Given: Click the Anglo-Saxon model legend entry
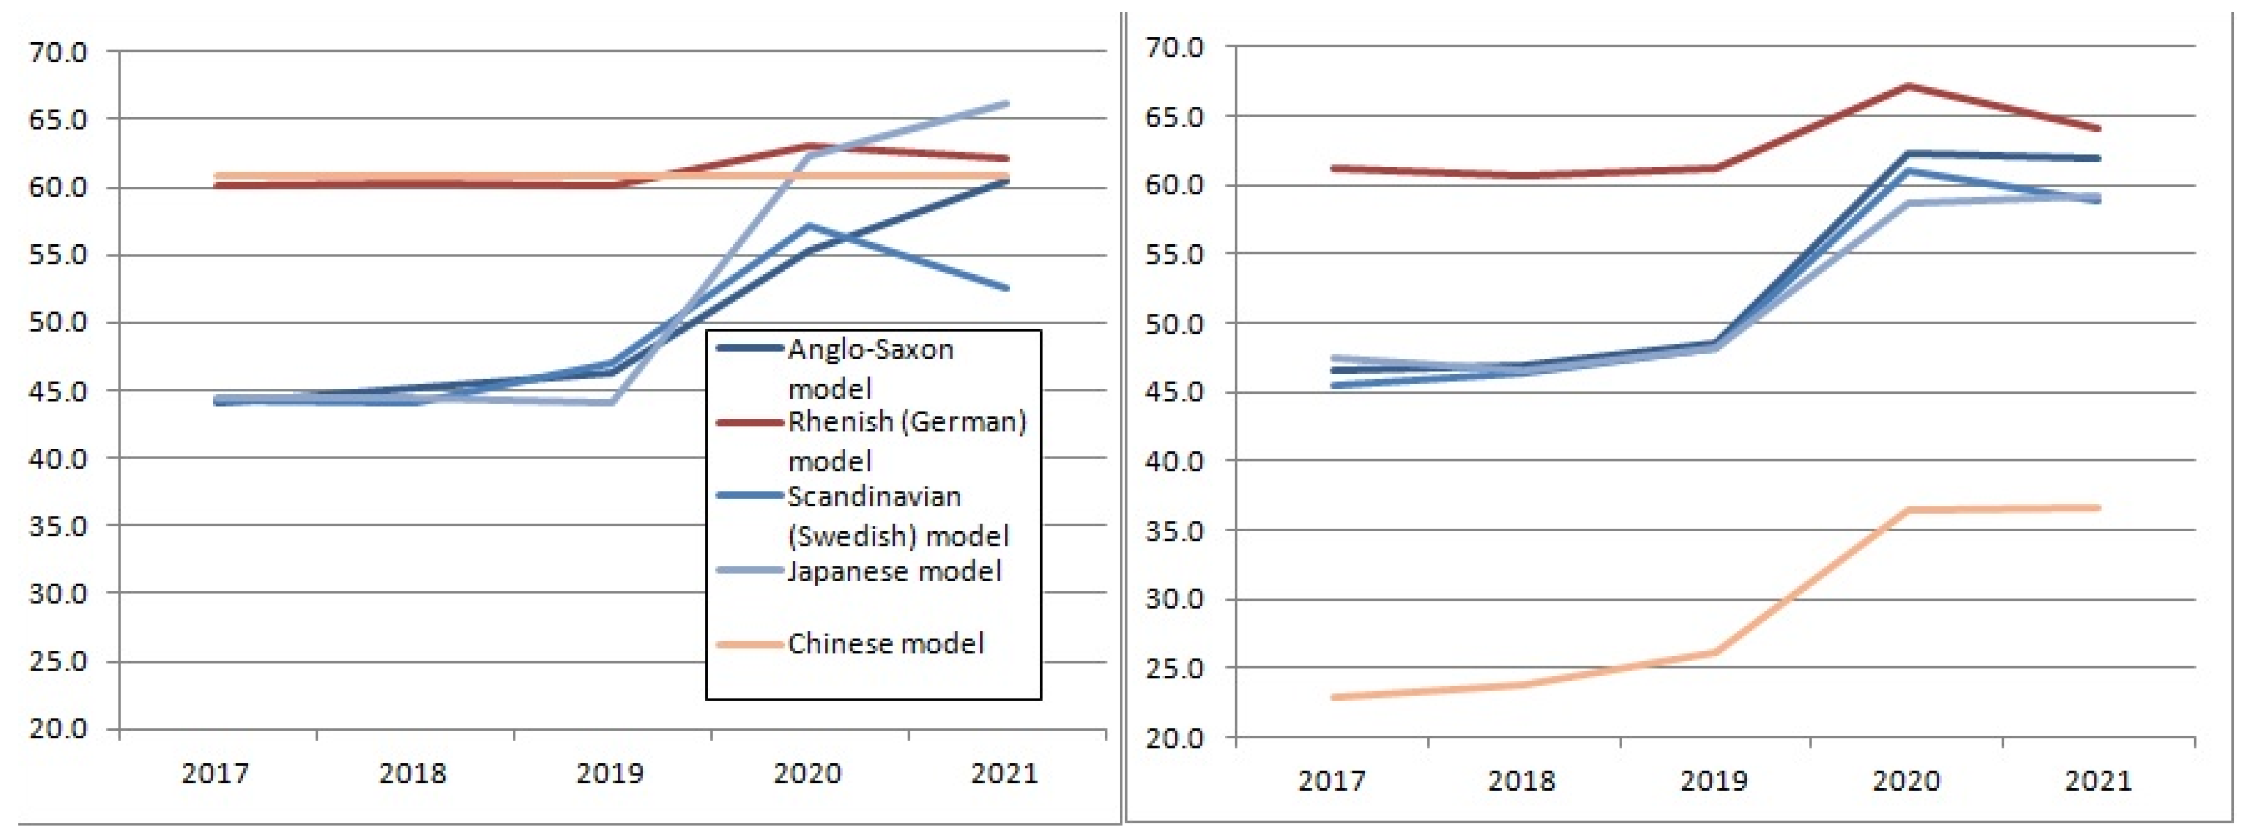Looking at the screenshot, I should tap(871, 368).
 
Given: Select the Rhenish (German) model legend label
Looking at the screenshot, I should tap(906, 441).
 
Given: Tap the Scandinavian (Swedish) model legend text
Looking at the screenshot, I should tap(897, 515).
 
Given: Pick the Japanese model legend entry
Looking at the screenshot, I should tap(894, 571).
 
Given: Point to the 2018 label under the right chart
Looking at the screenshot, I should tap(1521, 780).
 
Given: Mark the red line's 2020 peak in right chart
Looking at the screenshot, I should tap(1907, 85).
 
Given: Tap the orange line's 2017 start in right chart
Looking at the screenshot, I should tap(1333, 697).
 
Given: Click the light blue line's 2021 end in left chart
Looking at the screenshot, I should tap(1007, 104).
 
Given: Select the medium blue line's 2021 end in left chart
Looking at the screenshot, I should tap(1007, 288).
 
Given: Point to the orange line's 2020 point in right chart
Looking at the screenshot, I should tap(1907, 510).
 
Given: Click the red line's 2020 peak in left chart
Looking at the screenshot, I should tap(809, 146).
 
